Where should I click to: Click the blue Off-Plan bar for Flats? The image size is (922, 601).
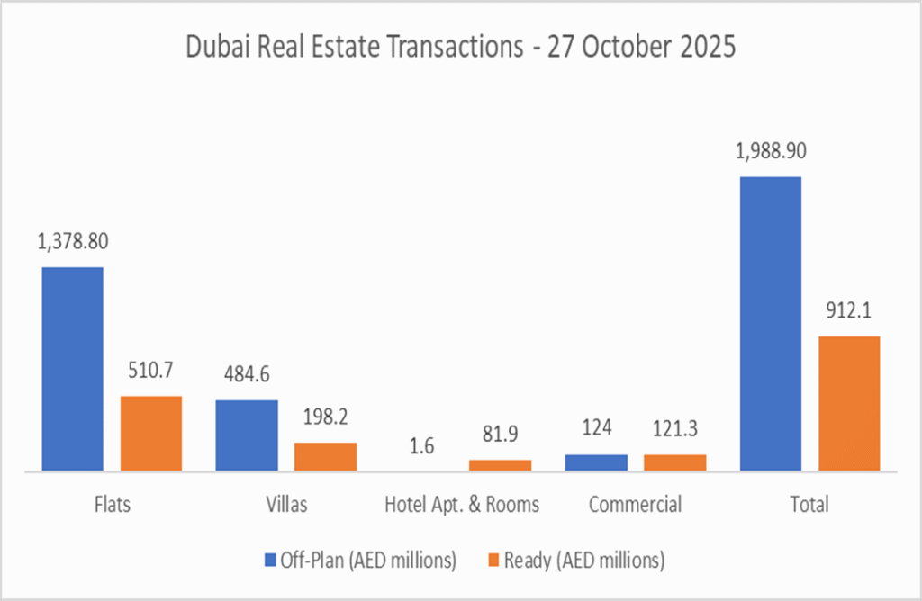(72, 369)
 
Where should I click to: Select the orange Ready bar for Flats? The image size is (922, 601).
(151, 433)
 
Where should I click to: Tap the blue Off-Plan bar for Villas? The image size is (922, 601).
(247, 435)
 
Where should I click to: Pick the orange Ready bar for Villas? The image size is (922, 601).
(325, 456)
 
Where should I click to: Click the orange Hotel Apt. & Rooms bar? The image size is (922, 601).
(500, 465)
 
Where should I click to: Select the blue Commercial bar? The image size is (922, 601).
(596, 462)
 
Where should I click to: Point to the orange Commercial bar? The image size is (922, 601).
(674, 462)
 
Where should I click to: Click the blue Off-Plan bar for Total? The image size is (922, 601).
(770, 324)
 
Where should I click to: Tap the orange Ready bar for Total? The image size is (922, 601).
(849, 403)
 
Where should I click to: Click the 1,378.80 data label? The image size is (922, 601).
(73, 242)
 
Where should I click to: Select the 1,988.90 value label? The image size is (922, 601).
(770, 151)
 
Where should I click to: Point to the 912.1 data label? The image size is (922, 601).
(849, 312)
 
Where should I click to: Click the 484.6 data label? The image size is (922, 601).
(247, 375)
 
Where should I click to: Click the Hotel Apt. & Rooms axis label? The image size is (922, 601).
(461, 504)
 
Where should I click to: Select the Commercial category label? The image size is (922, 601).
(635, 504)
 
